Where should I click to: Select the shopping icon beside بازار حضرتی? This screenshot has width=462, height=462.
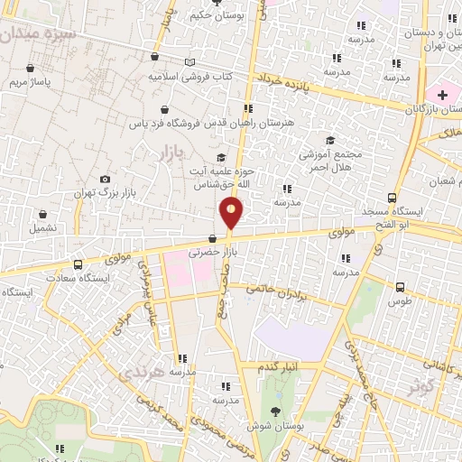point(212,239)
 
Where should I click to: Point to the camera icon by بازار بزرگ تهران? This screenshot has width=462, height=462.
point(106,180)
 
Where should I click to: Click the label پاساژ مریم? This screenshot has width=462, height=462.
point(31,82)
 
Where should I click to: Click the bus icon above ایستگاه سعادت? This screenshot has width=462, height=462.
point(79,265)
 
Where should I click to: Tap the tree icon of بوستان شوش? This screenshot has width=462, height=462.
point(275,411)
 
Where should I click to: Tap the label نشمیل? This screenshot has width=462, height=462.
point(43,228)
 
